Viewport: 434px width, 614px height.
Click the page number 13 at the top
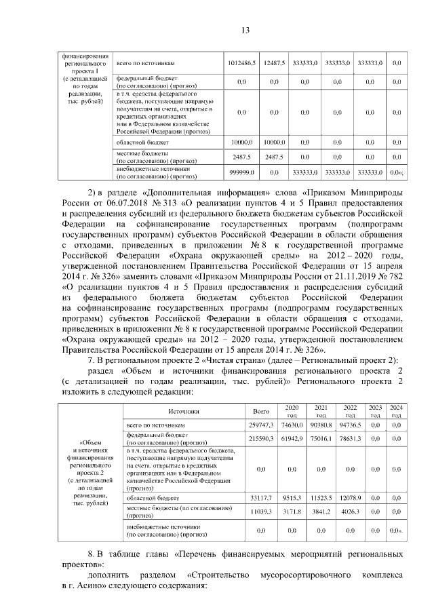[245, 29]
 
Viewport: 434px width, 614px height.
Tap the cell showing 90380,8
[320, 424]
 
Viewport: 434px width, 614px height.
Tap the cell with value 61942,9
[291, 438]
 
